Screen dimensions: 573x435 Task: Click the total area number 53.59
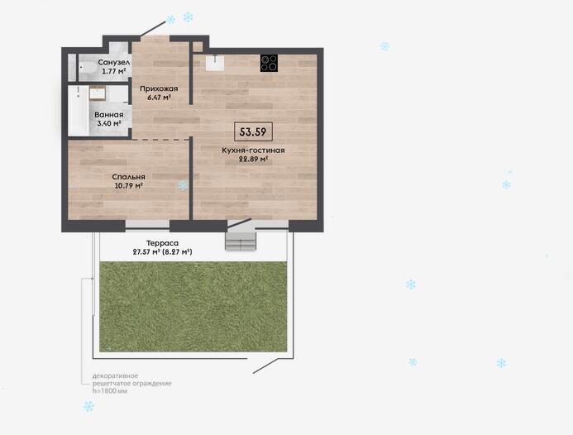coord(253,131)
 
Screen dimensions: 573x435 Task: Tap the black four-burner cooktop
coord(269,63)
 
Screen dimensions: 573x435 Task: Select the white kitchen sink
coord(215,63)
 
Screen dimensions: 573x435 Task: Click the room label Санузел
coord(114,63)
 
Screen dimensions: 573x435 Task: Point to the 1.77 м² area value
coord(114,71)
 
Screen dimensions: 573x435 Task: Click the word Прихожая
coord(159,88)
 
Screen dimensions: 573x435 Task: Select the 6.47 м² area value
coord(159,98)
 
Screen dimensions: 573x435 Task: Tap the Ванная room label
coord(109,114)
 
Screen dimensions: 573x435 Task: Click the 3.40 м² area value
coord(109,123)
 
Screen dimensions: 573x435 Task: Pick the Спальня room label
coord(129,176)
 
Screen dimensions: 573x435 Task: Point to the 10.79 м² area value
coord(129,186)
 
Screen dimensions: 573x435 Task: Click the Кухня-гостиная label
coord(253,151)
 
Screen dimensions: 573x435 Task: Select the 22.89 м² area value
coord(253,160)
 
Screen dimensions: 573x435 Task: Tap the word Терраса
coord(163,243)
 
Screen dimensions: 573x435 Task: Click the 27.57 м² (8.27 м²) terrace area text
coord(163,252)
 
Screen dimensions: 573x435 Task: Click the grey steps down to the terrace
coord(240,241)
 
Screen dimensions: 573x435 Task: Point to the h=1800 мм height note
coord(110,391)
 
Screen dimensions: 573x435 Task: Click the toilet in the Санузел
coord(87,68)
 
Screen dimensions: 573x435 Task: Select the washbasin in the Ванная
coord(98,93)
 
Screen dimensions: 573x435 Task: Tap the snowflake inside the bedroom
coord(182,185)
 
